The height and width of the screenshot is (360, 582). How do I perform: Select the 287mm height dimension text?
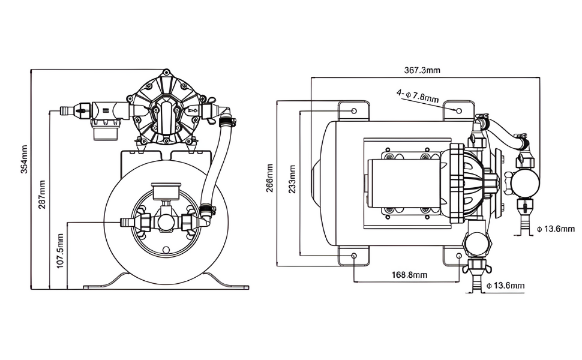point(42,193)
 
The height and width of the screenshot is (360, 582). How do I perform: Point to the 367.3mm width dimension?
point(422,70)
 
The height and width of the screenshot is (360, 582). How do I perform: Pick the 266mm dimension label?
point(270,178)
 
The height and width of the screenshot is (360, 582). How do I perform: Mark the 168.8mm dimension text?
point(409,275)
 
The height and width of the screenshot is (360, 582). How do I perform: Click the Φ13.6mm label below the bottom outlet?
point(505,286)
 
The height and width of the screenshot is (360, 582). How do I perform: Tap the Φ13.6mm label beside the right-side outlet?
point(555,229)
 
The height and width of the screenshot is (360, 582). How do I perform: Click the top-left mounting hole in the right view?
point(354,112)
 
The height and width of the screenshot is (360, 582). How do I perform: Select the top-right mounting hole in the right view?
point(460,111)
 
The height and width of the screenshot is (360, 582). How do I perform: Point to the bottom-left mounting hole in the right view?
point(354,256)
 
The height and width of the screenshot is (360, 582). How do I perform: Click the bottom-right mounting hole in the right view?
point(460,256)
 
